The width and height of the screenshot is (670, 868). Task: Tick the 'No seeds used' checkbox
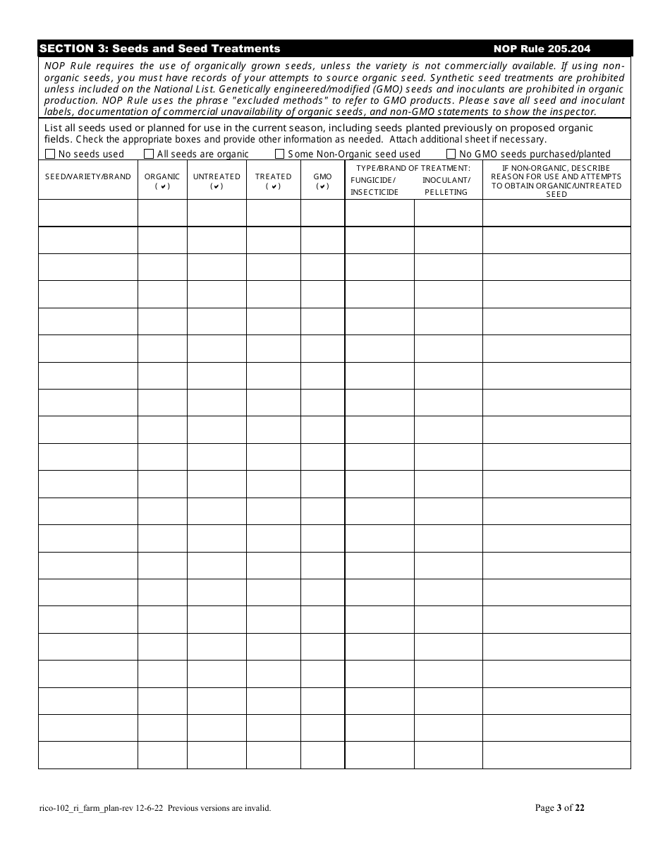tap(50, 154)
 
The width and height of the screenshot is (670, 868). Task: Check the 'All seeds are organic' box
tap(149, 154)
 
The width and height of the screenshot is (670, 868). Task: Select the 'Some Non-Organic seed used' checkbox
tap(279, 154)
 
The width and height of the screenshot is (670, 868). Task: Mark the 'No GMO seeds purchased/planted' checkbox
tap(451, 154)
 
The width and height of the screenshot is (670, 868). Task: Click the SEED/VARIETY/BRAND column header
tap(88, 176)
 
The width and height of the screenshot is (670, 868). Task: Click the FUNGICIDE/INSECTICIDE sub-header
tap(374, 186)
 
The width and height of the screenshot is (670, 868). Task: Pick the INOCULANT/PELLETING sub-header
tap(446, 186)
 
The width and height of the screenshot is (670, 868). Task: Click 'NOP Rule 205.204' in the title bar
tap(542, 49)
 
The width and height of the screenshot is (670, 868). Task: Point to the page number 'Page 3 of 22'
tap(560, 808)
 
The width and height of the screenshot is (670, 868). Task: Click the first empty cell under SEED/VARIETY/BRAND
tap(88, 212)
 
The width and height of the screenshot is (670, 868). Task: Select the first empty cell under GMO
tap(322, 212)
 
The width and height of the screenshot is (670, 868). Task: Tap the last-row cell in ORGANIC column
tap(162, 755)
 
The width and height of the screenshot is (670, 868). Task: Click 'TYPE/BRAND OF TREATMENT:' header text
tap(413, 168)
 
